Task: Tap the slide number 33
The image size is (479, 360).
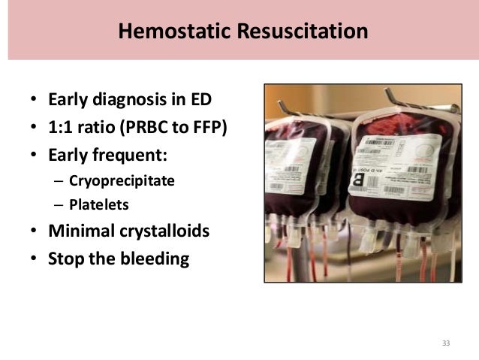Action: click(x=446, y=343)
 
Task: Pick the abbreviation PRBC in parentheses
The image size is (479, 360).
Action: click(x=151, y=128)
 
